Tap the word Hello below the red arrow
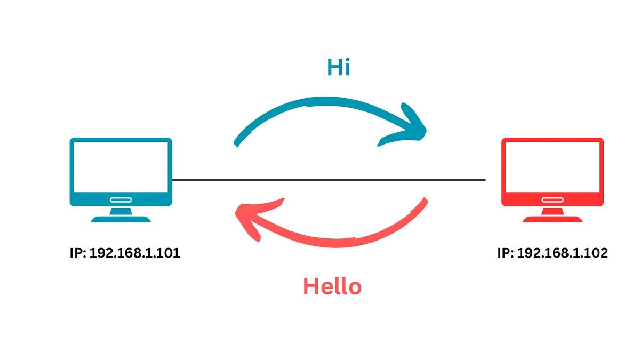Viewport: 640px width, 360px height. click(332, 286)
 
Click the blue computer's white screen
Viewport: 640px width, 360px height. click(121, 167)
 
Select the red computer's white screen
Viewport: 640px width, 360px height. click(553, 167)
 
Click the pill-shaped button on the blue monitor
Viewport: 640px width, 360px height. click(121, 200)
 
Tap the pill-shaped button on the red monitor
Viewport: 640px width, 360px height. click(553, 200)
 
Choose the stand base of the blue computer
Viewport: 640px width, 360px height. click(121, 219)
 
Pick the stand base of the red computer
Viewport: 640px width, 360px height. click(553, 219)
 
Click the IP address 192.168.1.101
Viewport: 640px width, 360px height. click(134, 253)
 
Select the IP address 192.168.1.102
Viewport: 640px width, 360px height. click(563, 253)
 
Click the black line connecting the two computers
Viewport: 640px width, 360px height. click(328, 180)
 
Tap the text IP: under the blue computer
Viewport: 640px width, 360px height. click(78, 253)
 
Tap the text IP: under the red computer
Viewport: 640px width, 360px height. click(506, 253)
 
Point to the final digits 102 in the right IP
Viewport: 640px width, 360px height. click(596, 253)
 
